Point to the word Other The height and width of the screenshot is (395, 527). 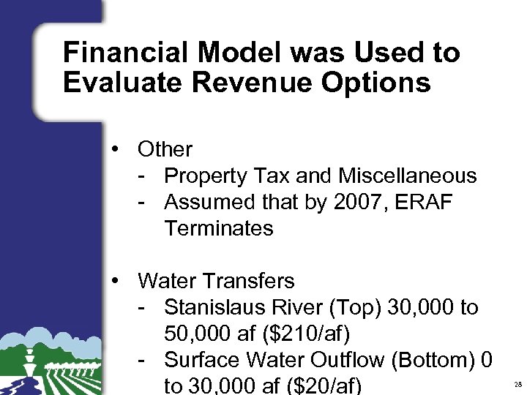[165, 149]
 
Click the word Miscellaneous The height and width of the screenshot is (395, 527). [408, 176]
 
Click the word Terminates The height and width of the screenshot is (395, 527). [219, 228]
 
